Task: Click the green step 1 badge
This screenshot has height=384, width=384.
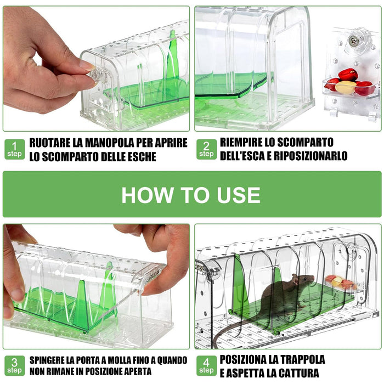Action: point(15,149)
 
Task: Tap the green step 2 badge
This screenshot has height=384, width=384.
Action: point(206,149)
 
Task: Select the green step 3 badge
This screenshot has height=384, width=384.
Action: point(15,365)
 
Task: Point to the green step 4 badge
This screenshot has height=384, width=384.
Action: point(206,365)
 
